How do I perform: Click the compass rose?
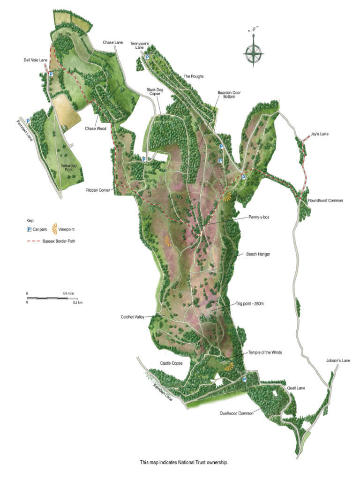254,50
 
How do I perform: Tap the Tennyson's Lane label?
139,45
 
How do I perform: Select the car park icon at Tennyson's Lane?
147,57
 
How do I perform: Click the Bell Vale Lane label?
36,60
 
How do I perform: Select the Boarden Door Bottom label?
229,94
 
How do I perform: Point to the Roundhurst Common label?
325,201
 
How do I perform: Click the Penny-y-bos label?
260,217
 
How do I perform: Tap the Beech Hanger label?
258,254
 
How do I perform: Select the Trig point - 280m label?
249,304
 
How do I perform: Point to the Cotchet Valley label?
133,317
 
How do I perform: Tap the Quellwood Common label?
236,413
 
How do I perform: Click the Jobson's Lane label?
338,360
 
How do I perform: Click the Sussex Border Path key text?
59,241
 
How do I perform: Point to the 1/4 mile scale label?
68,293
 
